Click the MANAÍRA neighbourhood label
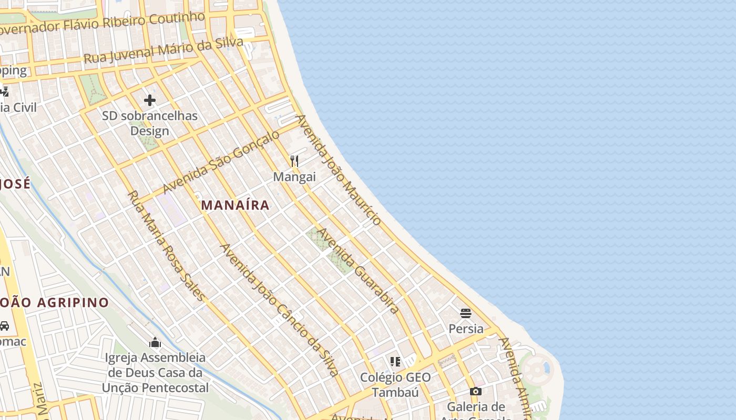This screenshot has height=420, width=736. pyautogui.click(x=236, y=205)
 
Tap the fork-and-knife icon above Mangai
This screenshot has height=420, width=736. pyautogui.click(x=294, y=161)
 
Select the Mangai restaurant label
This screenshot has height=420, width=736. pyautogui.click(x=294, y=177)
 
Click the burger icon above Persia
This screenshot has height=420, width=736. pyautogui.click(x=465, y=313)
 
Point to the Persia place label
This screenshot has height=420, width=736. pyautogui.click(x=466, y=329)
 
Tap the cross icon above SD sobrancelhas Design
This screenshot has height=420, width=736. pyautogui.click(x=150, y=100)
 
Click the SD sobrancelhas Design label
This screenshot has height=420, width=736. pyautogui.click(x=150, y=123)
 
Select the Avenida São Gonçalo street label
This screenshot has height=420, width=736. pyautogui.click(x=221, y=162)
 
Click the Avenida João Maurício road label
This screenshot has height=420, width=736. pyautogui.click(x=339, y=170)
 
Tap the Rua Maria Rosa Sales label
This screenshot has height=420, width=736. pyautogui.click(x=166, y=246)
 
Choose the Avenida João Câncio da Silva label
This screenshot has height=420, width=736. pyautogui.click(x=279, y=310)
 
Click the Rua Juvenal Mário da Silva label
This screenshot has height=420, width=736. pyautogui.click(x=163, y=50)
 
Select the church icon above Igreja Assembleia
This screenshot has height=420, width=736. pyautogui.click(x=155, y=343)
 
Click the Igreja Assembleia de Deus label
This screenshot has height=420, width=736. pyautogui.click(x=156, y=373)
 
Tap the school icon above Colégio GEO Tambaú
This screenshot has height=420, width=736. pyautogui.click(x=395, y=361)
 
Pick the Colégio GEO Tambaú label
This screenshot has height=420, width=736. pyautogui.click(x=395, y=385)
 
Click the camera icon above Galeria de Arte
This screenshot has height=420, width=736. pyautogui.click(x=475, y=391)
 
